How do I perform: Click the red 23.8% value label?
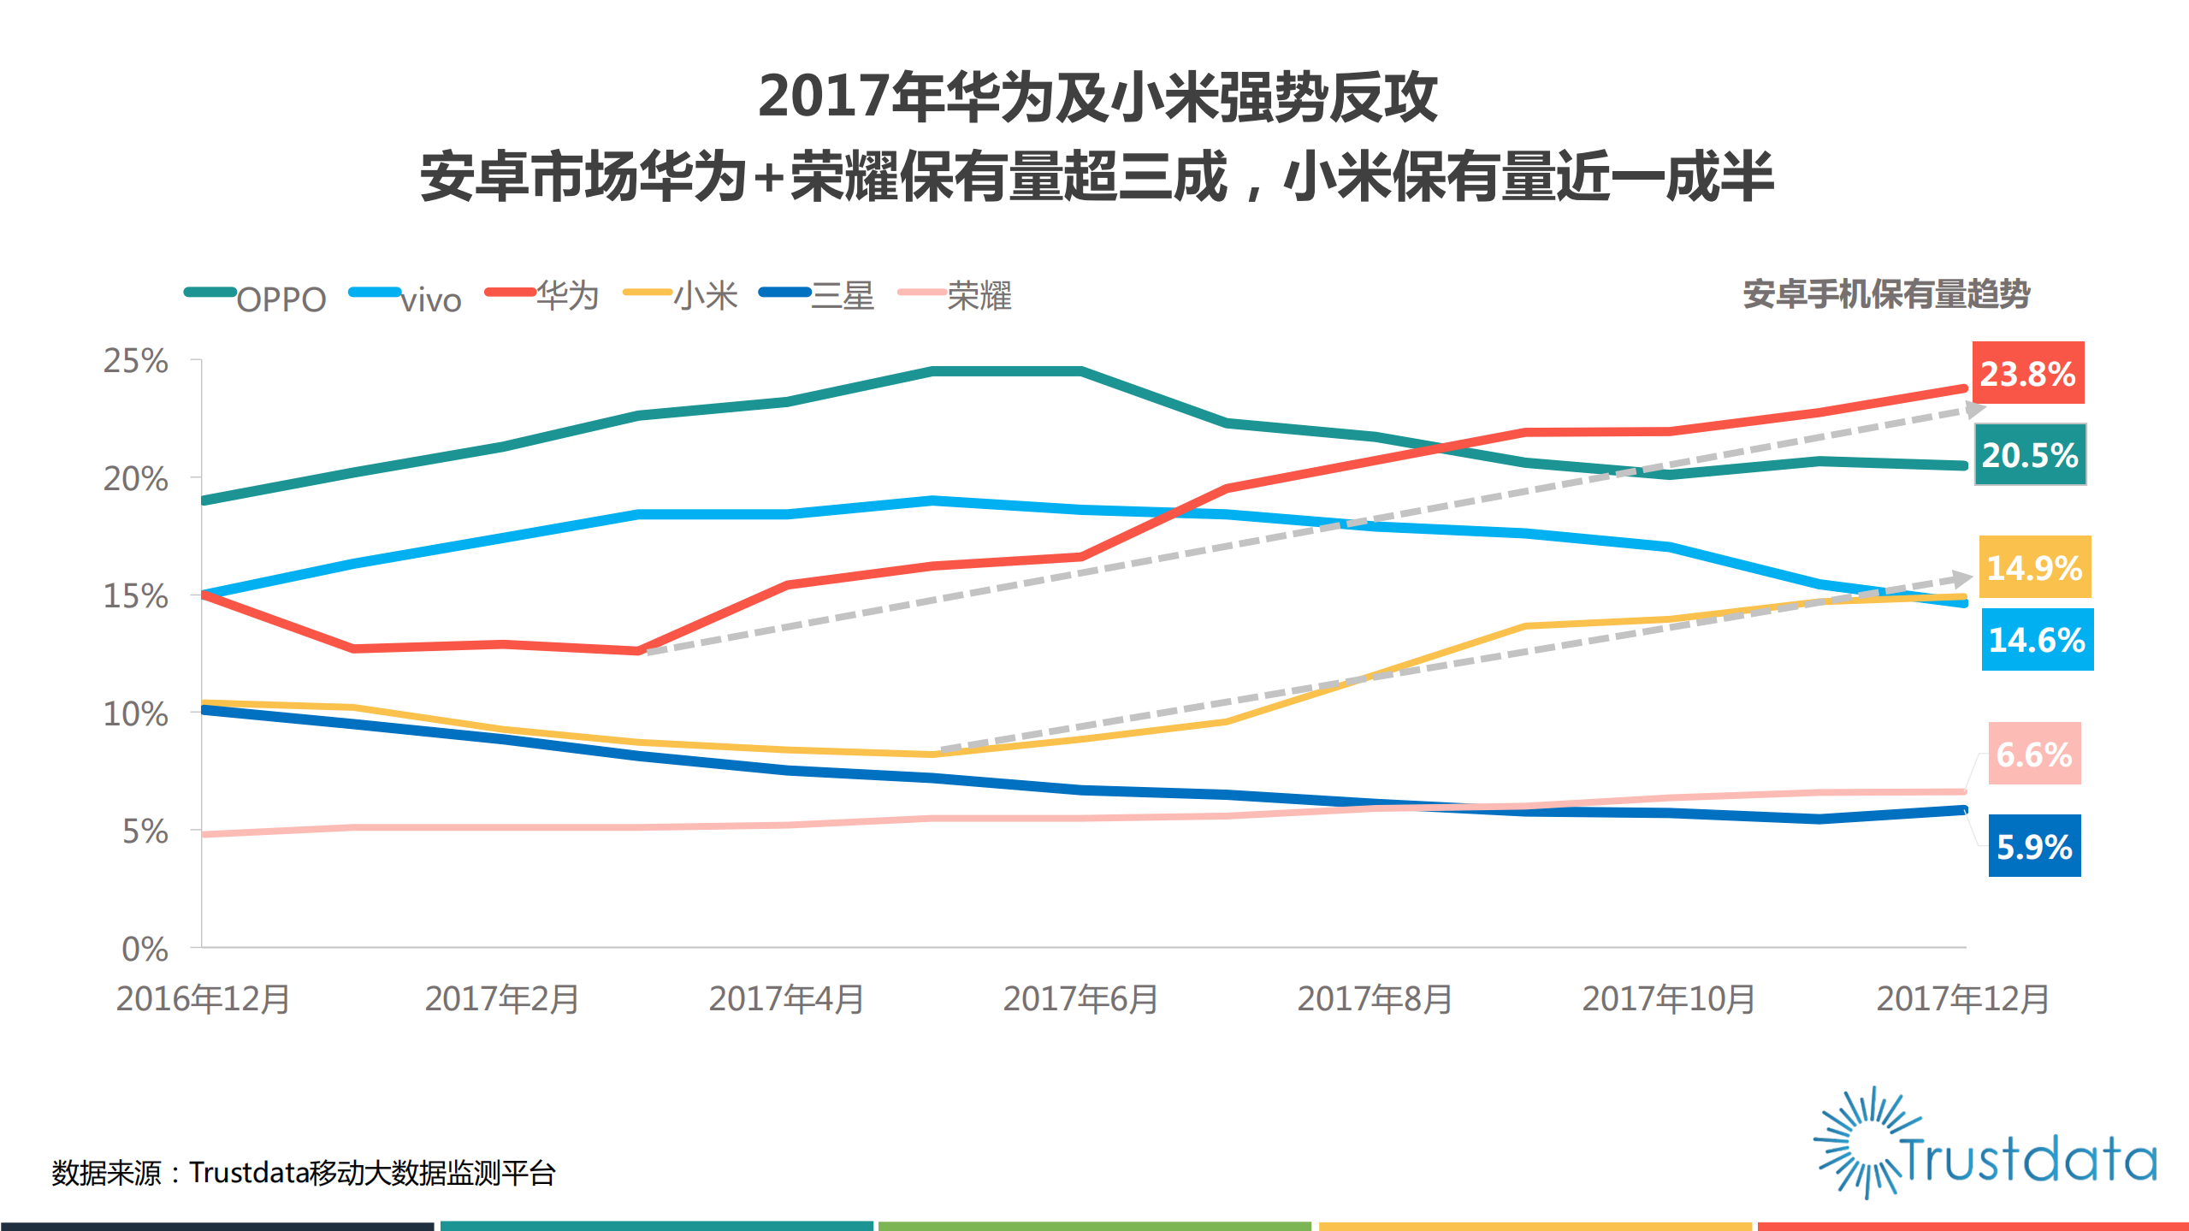2027,374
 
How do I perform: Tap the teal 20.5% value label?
2029,455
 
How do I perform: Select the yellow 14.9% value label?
2033,567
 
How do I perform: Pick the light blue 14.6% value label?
2037,640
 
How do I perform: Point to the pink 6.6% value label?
2033,755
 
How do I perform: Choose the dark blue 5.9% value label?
2033,847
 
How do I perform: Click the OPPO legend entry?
257,298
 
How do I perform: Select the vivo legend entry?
407,298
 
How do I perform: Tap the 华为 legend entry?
543,296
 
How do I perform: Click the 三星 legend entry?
818,296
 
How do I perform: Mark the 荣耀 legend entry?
955,296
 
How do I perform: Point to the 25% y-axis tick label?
135,361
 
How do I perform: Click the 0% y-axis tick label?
144,949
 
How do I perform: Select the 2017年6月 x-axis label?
1080,999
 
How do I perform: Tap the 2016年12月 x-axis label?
204,999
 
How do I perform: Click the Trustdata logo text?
2027,1159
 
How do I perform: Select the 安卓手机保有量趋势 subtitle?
1886,294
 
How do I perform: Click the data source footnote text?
304,1173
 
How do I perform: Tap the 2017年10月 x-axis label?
1668,999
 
